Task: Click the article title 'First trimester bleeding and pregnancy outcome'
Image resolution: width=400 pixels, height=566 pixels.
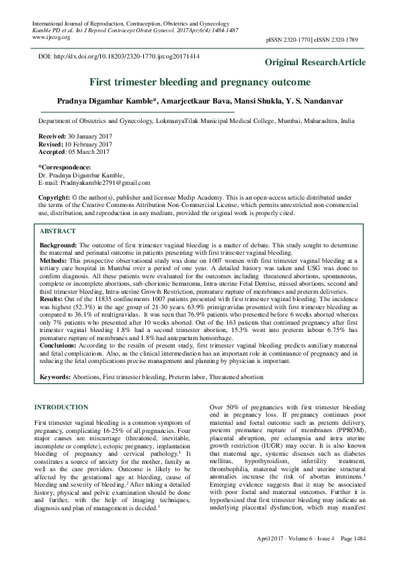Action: coord(200,83)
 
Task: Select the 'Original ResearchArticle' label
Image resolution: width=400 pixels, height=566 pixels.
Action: coord(315,63)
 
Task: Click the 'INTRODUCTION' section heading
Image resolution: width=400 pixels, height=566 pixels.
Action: coord(61,407)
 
